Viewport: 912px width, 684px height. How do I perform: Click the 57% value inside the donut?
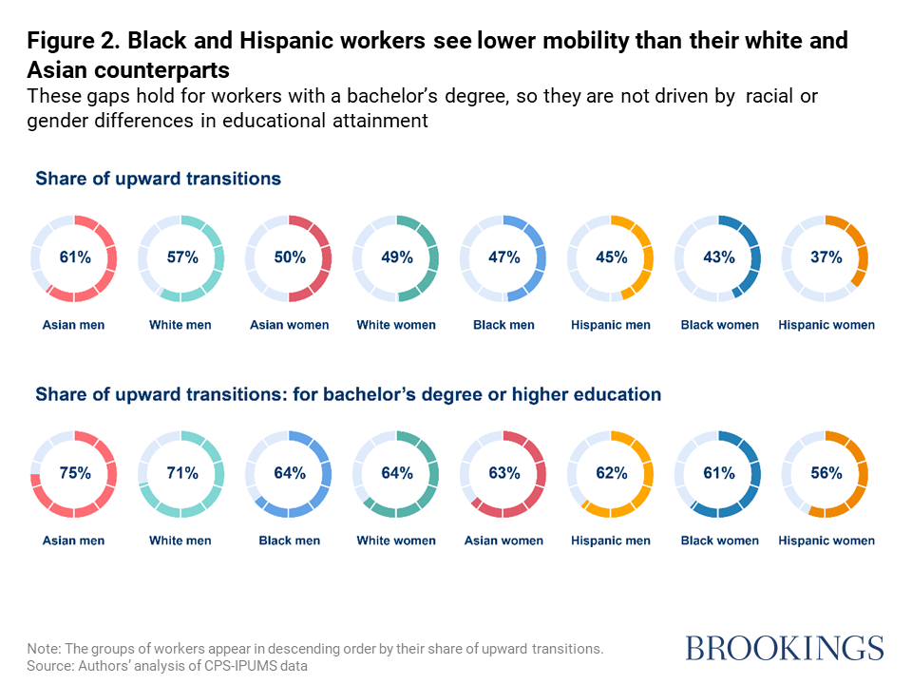[181, 257]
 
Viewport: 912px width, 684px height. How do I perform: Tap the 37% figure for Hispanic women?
[826, 257]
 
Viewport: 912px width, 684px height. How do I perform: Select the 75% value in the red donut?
[74, 473]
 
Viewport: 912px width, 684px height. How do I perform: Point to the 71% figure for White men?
[181, 473]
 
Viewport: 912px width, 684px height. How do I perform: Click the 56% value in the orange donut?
[826, 473]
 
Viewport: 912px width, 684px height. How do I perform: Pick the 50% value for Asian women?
[289, 257]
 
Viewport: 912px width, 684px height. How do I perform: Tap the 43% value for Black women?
[718, 257]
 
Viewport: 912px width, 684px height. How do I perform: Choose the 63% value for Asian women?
[503, 473]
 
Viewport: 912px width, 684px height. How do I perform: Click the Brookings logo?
[785, 648]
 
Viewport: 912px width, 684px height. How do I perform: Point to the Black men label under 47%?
[503, 325]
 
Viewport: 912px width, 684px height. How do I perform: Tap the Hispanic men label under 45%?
[611, 325]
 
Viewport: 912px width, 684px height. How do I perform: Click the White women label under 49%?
[396, 325]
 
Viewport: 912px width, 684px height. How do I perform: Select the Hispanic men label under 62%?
[611, 541]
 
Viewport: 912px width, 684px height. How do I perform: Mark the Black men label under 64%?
[289, 541]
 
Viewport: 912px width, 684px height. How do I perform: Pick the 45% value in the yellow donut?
[611, 257]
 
